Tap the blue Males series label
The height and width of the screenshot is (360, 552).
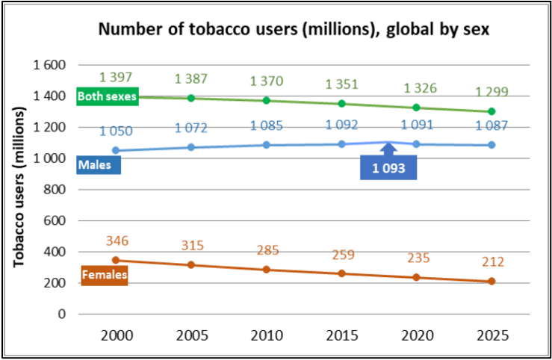(98, 164)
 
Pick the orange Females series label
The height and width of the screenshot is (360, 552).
(105, 276)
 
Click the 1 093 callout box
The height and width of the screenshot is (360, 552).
(388, 168)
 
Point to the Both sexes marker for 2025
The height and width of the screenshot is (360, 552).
(491, 111)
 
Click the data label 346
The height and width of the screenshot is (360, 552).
(118, 241)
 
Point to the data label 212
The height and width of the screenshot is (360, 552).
(492, 262)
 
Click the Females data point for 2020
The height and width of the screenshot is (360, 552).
(415, 277)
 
